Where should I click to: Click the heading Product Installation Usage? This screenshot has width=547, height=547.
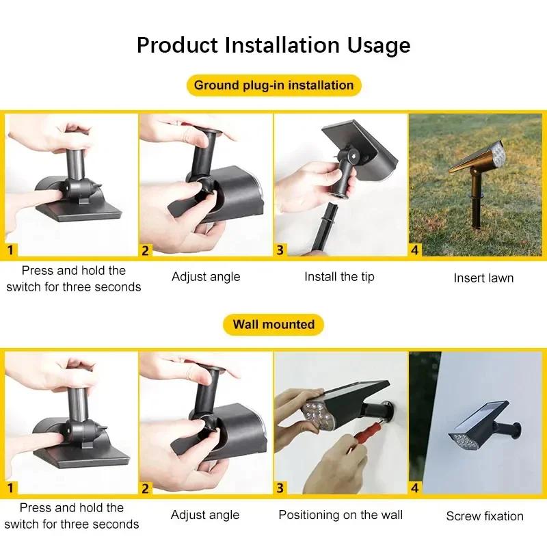pos(273,45)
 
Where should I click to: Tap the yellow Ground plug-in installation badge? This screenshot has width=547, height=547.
pos(273,85)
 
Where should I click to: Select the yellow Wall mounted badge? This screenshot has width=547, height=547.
pos(273,324)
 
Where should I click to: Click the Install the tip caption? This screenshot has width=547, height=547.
pos(339,277)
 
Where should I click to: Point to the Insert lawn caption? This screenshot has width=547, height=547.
pos(483,278)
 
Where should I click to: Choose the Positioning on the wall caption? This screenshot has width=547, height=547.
pos(341,515)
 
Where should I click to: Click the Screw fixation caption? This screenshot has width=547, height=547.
pos(485,516)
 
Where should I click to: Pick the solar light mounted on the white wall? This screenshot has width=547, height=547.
pos(479,431)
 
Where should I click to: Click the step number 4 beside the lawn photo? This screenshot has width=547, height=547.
pos(415,250)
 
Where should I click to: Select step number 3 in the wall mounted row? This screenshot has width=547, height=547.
pos(280,488)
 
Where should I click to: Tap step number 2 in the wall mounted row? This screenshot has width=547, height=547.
pos(146,488)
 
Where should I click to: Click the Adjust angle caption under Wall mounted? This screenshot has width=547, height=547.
pos(205,515)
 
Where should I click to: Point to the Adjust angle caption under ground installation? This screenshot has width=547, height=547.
pos(206,277)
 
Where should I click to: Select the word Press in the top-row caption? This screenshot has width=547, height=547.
pos(36,270)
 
